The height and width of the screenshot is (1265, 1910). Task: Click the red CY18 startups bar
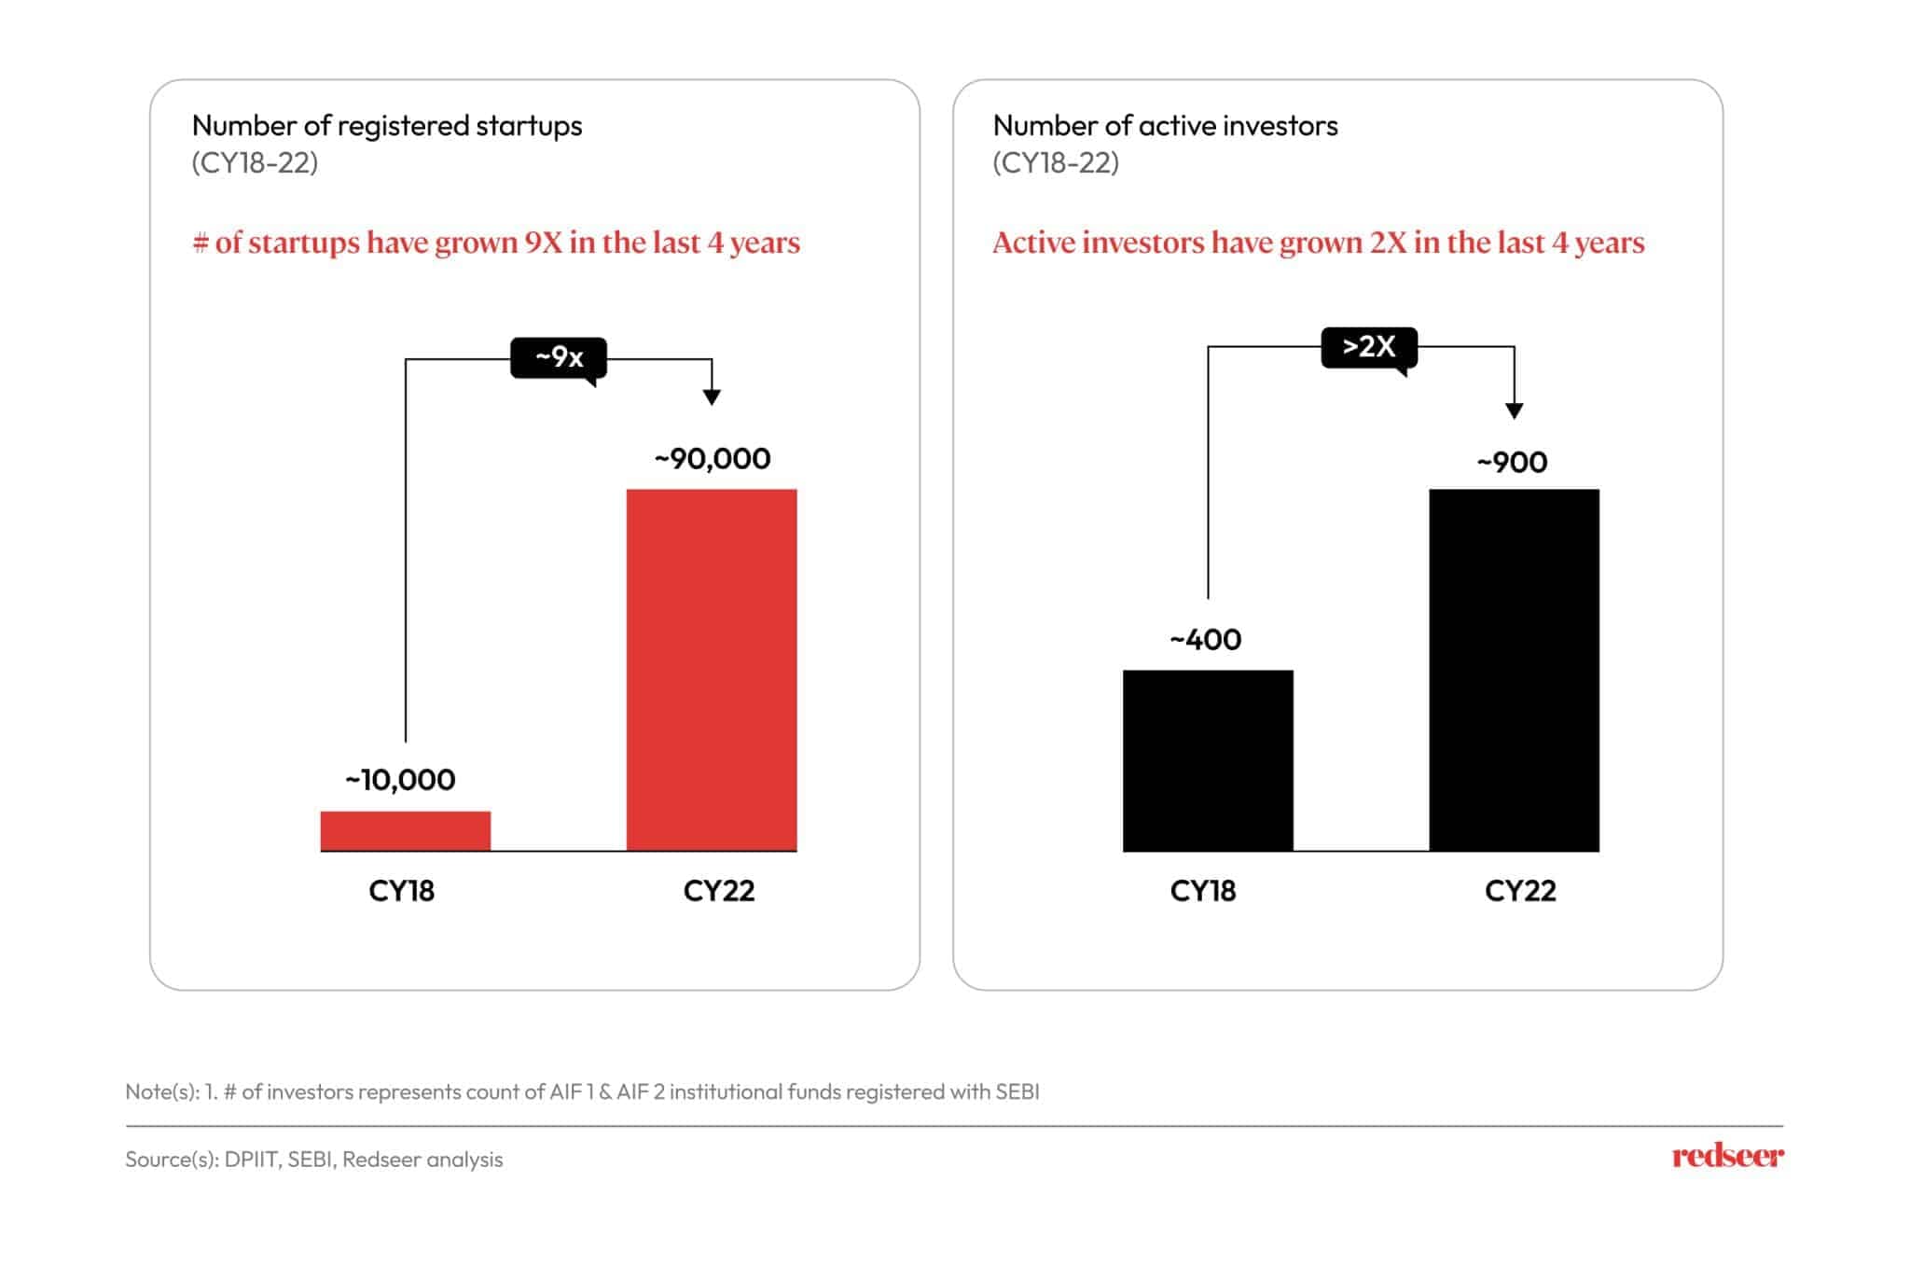[x=405, y=830]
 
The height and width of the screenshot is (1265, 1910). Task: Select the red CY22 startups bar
[x=712, y=669]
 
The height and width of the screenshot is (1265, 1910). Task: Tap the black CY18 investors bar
[x=1208, y=760]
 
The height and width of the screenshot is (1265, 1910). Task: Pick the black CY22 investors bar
[x=1514, y=669]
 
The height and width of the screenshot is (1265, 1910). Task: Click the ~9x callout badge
[x=559, y=357]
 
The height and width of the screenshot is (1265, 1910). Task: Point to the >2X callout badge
[x=1369, y=347]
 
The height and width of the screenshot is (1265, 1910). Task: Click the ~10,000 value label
[x=400, y=779]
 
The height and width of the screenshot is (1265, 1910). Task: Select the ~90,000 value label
[x=713, y=458]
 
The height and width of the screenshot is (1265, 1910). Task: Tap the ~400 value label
[x=1206, y=639]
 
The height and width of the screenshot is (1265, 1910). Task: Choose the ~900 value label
[x=1512, y=462]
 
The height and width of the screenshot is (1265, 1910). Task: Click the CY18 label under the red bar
[x=401, y=891]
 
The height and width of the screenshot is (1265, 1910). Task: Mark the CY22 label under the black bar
[x=1520, y=891]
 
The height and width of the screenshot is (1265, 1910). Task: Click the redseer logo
[x=1727, y=1156]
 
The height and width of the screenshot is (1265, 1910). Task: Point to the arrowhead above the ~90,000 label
[x=712, y=397]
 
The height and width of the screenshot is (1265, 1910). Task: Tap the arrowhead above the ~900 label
[x=1515, y=410]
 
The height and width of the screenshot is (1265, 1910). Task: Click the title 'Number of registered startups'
[x=387, y=125]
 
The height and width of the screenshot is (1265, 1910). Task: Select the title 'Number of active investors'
[x=1165, y=125]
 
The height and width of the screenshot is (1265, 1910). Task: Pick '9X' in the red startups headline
[x=543, y=243]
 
